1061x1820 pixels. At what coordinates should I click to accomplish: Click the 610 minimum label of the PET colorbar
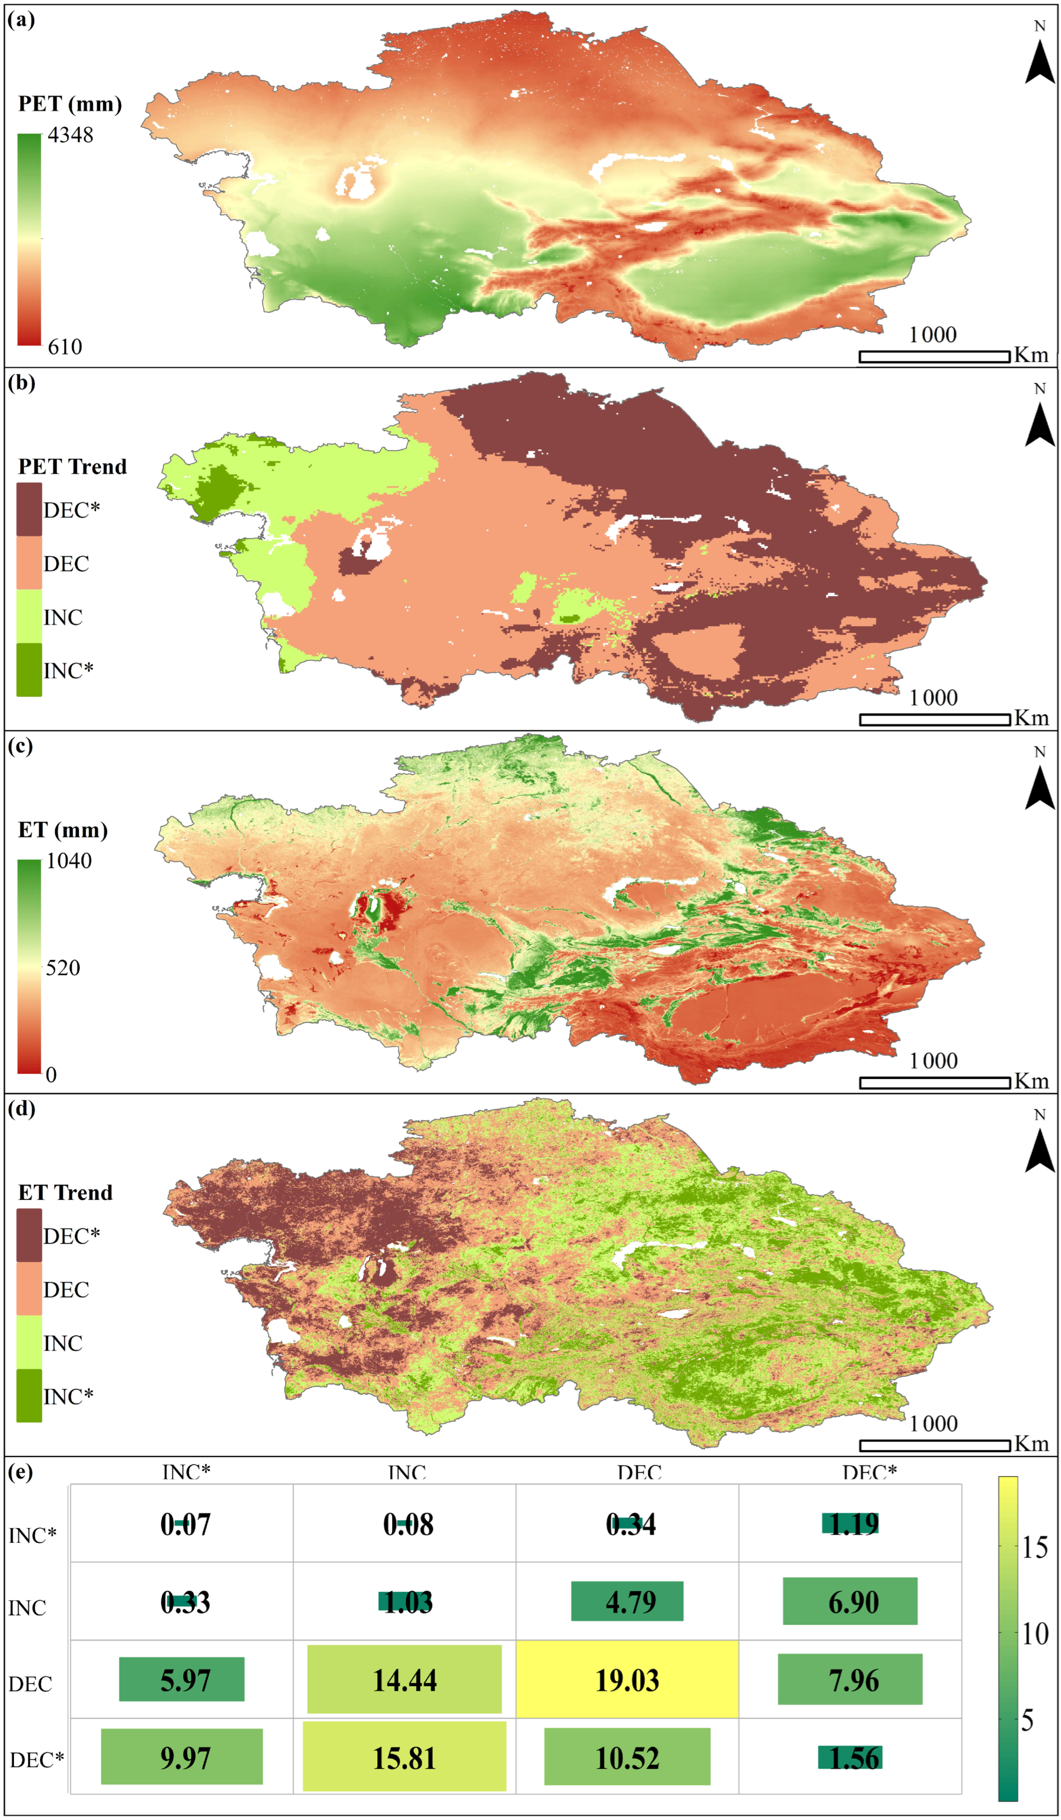65,347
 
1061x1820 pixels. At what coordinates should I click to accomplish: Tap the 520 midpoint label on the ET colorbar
63,968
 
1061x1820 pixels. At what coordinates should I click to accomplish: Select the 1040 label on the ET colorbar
69,861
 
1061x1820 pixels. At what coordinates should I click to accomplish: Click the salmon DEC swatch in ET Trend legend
29,1289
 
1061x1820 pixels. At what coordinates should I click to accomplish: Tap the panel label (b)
21,383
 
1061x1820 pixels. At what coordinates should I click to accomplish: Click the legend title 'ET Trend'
65,1192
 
